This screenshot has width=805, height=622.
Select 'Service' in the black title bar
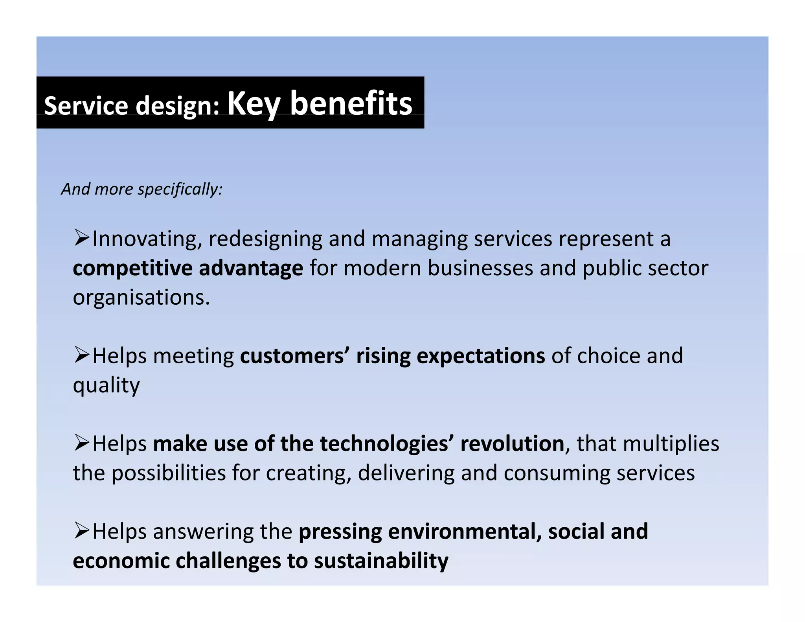tap(86, 106)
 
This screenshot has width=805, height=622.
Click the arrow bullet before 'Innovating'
tap(81, 237)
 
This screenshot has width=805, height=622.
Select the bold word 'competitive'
tap(132, 268)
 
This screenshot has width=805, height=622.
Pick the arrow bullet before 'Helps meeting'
tap(81, 355)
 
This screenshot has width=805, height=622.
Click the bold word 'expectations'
tap(480, 356)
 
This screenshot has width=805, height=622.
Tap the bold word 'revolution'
tap(512, 444)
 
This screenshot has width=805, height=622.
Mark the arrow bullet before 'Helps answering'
tap(81, 531)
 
